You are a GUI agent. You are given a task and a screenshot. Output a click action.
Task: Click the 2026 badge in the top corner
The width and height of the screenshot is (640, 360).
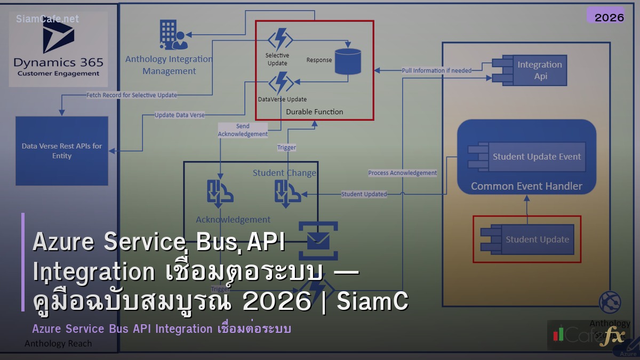[609, 17]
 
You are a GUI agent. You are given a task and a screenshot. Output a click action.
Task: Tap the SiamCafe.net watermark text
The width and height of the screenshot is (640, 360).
[47, 19]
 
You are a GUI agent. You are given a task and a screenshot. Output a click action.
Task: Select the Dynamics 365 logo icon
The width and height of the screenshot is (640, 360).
[58, 36]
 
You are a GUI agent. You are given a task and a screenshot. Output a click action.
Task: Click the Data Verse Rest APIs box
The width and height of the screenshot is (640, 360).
[62, 151]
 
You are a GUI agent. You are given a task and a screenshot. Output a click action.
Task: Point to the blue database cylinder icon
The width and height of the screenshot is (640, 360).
[348, 61]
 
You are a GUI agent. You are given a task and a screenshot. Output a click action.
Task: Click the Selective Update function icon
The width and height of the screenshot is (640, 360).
[280, 40]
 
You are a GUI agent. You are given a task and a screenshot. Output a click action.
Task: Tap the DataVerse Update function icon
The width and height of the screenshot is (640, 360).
[281, 83]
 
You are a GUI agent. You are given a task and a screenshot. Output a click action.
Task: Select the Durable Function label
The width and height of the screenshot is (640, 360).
[315, 111]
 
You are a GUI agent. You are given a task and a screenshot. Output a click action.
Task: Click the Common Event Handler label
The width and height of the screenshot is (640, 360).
[526, 186]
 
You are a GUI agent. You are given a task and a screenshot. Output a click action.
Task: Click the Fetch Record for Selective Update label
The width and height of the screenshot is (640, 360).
[132, 95]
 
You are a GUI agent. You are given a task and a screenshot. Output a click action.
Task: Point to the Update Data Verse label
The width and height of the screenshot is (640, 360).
[179, 115]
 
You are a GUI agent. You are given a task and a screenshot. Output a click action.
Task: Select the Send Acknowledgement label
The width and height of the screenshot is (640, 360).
[243, 130]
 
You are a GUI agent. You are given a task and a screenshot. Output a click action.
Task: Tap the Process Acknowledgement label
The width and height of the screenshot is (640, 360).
[402, 172]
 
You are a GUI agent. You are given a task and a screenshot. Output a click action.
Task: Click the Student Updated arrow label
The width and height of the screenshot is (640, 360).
[364, 194]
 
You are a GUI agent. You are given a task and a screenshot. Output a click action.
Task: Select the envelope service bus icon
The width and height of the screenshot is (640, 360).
[318, 241]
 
